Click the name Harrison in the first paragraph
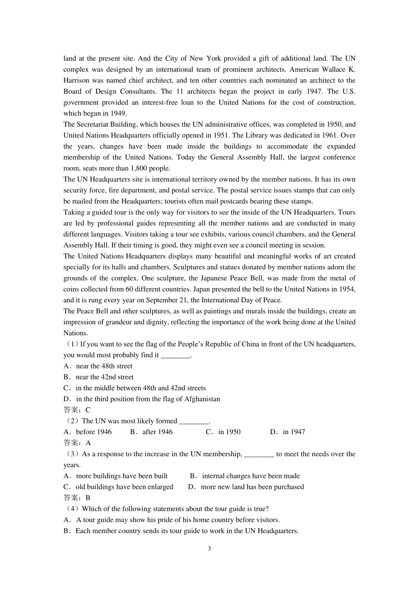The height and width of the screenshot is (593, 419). (76, 80)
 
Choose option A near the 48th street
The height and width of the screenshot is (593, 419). (104, 366)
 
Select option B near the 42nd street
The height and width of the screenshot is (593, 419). (104, 377)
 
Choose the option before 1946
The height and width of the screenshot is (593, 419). (94, 432)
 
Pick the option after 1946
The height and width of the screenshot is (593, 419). (157, 432)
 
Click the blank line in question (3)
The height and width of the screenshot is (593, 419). (259, 454)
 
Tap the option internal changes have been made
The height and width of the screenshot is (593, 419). (251, 476)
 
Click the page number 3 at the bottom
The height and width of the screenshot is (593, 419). (209, 548)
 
